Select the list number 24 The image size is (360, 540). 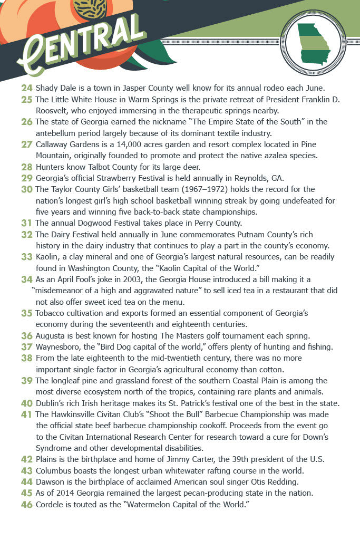[27, 88]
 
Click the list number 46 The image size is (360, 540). [27, 505]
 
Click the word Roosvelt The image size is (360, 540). [54, 110]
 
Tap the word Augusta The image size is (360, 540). [52, 335]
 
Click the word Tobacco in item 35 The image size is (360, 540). [52, 313]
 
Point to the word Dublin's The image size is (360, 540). [51, 403]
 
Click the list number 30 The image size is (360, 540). [27, 189]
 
